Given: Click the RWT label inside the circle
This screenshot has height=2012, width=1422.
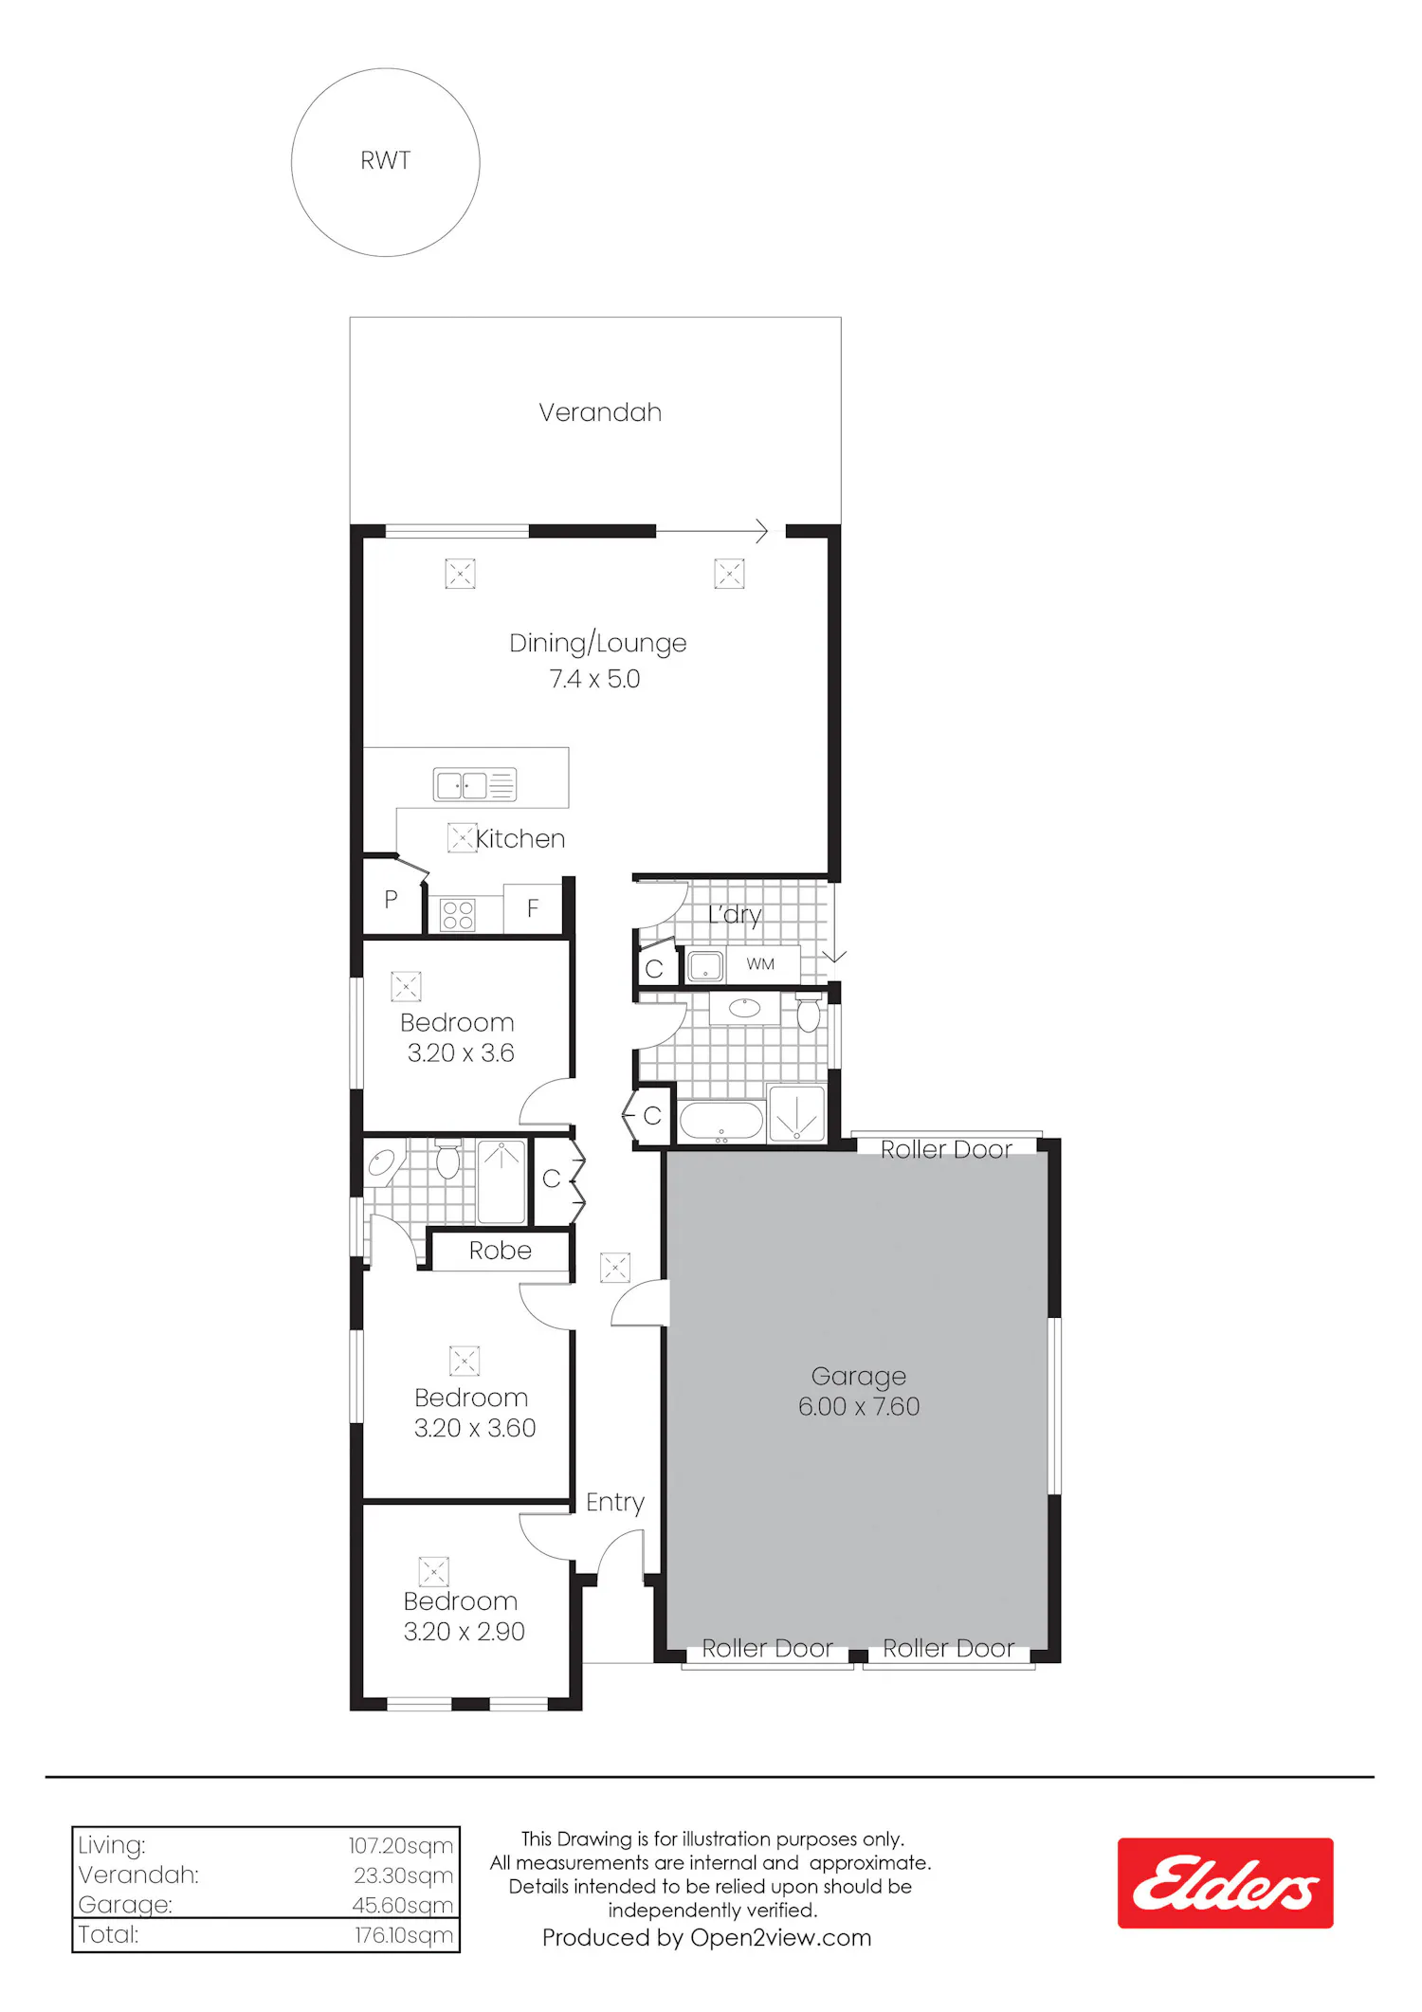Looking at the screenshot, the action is (x=385, y=161).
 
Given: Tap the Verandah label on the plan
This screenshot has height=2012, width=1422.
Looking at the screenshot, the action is (x=600, y=412).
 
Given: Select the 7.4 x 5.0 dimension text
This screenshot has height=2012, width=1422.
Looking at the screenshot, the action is (x=594, y=679).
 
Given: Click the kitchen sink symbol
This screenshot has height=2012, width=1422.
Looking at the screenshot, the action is (x=475, y=784).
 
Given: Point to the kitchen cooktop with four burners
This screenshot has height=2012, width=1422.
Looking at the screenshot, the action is (x=458, y=915).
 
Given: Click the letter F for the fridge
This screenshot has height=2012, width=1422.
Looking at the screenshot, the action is (x=533, y=908).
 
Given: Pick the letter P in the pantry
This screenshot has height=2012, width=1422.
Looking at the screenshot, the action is (x=391, y=900).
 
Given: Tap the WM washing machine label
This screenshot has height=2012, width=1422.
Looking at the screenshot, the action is (x=760, y=964).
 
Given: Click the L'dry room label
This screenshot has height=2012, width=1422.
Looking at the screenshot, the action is (x=735, y=915).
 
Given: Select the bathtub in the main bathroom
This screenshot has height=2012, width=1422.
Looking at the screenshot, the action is (x=721, y=1121).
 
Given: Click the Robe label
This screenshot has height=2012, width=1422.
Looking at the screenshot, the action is (x=501, y=1251).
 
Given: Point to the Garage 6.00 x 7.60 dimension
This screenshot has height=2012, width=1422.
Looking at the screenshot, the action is (x=859, y=1406).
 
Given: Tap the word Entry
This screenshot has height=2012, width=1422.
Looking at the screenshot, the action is (x=615, y=1503).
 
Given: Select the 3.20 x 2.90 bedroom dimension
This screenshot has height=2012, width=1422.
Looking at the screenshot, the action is (x=464, y=1631).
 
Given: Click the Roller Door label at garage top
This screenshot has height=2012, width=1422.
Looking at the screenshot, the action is (x=946, y=1150).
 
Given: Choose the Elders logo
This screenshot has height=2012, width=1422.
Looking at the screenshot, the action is (x=1225, y=1883).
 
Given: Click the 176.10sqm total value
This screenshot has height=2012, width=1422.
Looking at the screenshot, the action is (x=404, y=1934).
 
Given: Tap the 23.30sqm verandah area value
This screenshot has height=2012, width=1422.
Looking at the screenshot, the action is (x=403, y=1875).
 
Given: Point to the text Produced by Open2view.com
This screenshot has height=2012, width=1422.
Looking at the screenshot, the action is (x=706, y=1937).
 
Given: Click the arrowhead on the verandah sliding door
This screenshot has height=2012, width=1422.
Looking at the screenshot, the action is (x=761, y=531).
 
